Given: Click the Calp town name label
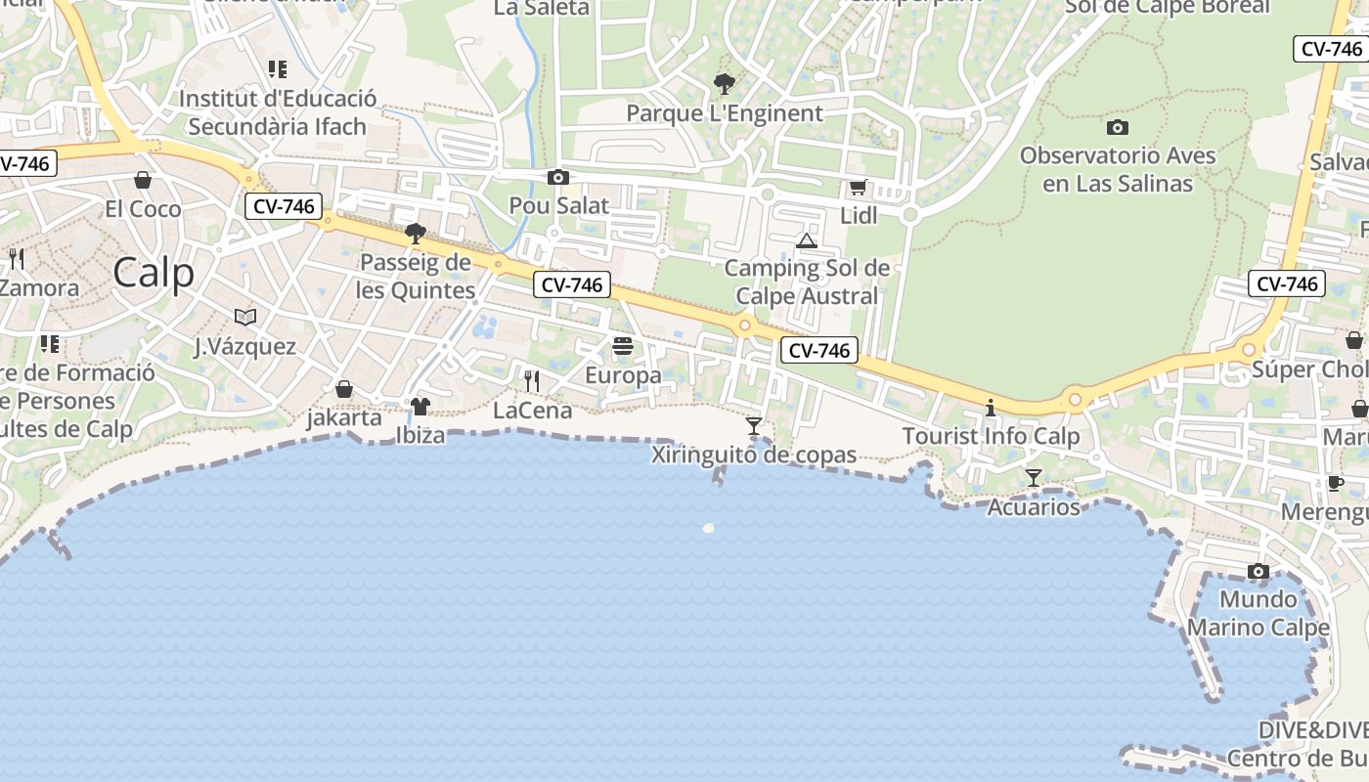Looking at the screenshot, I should click(x=154, y=273).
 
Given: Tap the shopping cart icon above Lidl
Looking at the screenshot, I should click(x=858, y=187).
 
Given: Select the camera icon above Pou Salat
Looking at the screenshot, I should click(x=558, y=177).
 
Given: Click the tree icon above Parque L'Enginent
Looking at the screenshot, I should click(x=724, y=83).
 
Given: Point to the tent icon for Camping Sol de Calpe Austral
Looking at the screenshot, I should click(x=806, y=240).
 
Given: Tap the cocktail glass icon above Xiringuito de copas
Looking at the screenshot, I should click(x=754, y=426).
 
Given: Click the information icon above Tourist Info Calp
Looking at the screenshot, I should click(x=991, y=408).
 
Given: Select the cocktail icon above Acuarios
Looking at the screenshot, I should click(x=1034, y=478).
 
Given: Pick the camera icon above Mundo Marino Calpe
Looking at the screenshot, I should click(x=1259, y=571).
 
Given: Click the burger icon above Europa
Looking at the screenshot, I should click(x=623, y=346).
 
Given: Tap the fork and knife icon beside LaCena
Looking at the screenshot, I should click(x=532, y=380).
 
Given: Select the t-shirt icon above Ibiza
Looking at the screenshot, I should click(x=420, y=407).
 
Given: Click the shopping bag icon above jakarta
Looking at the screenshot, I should click(x=344, y=389).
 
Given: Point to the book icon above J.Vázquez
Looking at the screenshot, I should click(x=244, y=317).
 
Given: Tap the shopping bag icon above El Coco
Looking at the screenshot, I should click(x=143, y=180).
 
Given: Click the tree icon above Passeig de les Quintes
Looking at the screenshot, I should click(x=416, y=234).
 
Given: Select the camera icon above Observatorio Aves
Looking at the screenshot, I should click(x=1118, y=127).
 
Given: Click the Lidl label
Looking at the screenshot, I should click(x=859, y=215).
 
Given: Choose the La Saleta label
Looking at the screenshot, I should click(x=542, y=8).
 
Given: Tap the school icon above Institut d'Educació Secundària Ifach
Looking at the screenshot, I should click(x=278, y=69).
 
